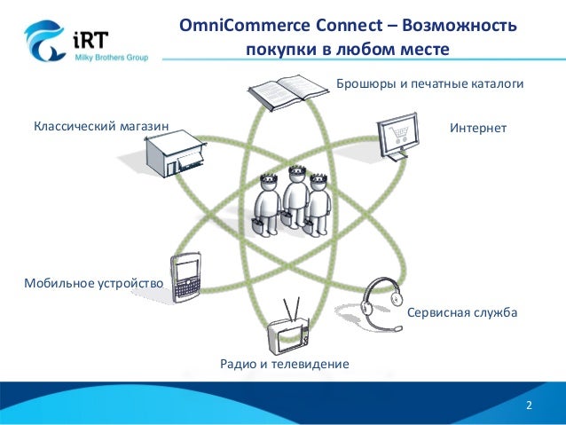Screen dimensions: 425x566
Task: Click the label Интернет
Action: (477, 129)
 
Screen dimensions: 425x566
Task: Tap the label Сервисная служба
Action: (461, 314)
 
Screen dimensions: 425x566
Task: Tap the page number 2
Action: (529, 405)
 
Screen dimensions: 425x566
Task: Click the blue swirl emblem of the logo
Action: (43, 40)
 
